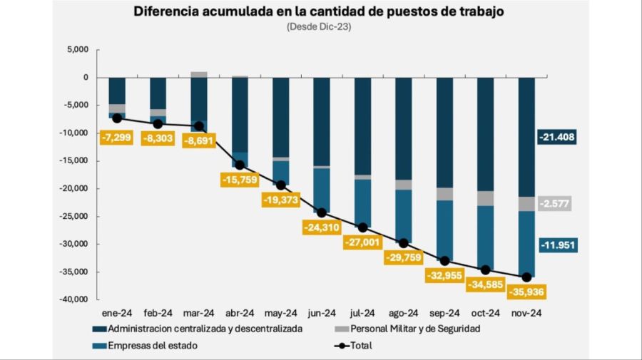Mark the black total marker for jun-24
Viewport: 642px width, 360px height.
click(322, 212)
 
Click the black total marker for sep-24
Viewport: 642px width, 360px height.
click(444, 261)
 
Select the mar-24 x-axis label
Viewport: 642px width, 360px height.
click(199, 312)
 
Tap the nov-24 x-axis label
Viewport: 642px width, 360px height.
click(526, 312)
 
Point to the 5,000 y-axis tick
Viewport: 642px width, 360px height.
click(75, 50)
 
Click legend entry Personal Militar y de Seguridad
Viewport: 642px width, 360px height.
click(407, 329)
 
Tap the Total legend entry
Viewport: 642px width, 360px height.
click(361, 346)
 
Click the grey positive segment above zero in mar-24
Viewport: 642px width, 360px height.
click(199, 74)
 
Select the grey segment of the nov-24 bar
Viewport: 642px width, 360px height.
click(526, 204)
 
